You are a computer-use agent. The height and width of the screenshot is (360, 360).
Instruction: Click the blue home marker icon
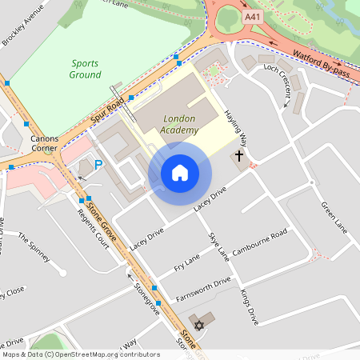pos(180,172)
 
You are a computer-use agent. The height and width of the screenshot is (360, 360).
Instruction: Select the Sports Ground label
pos(86,69)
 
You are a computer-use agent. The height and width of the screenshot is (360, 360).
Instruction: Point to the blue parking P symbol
pos(98,165)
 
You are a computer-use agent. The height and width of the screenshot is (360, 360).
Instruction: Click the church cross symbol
pos(238,157)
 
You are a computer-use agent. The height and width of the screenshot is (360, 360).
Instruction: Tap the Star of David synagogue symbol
pos(199,324)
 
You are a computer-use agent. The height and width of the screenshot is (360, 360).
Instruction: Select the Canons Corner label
pos(45,143)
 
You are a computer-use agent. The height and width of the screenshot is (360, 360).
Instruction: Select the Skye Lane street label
pos(218,247)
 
